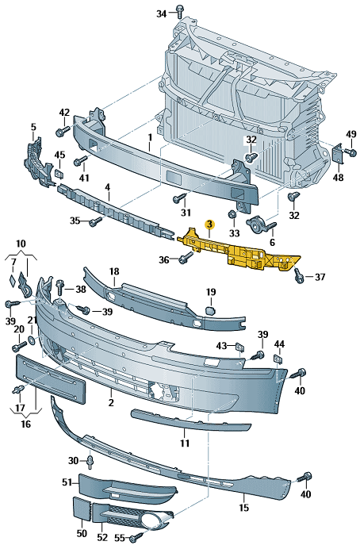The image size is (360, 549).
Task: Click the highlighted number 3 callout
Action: point(209,224)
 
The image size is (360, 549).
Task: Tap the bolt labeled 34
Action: point(180,12)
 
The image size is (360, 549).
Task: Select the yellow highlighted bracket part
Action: point(239,251)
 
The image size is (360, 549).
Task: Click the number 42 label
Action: point(64,113)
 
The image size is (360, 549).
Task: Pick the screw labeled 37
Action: point(298,275)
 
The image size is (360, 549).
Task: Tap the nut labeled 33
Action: point(232,215)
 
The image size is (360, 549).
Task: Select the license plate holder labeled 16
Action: point(51,379)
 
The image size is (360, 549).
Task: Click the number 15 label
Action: point(244,507)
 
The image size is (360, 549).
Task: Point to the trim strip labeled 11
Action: point(190,420)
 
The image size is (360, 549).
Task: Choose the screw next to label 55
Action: point(136,537)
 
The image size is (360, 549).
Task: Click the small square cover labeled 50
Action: point(81,509)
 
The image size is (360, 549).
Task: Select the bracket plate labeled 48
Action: point(338,153)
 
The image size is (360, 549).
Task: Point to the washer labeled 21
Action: point(32,340)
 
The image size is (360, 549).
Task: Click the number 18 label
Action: point(114,271)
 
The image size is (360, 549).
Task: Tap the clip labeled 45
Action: point(58,173)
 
